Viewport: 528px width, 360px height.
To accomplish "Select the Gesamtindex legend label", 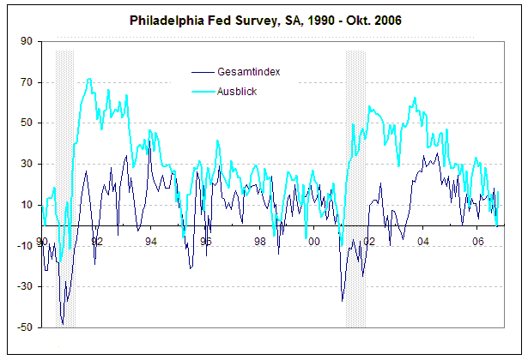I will pyautogui.click(x=249, y=71).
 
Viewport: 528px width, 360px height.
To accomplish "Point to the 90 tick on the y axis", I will pyautogui.click(x=26, y=41).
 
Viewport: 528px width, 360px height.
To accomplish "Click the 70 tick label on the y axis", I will pyautogui.click(x=26, y=82).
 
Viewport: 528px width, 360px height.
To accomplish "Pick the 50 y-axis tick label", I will pyautogui.click(x=26, y=123).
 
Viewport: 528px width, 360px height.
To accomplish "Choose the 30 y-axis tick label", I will pyautogui.click(x=26, y=164).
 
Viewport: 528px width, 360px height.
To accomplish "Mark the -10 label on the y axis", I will pyautogui.click(x=24, y=246).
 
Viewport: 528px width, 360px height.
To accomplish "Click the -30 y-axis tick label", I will pyautogui.click(x=24, y=286).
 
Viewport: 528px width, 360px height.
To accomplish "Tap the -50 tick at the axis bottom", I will pyautogui.click(x=24, y=327).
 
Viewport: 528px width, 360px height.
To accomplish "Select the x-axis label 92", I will pyautogui.click(x=96, y=242).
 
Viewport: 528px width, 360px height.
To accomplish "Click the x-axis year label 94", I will pyautogui.click(x=151, y=242).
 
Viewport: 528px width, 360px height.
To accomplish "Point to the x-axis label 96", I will pyautogui.click(x=205, y=242).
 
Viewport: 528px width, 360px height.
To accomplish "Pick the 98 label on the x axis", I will pyautogui.click(x=260, y=242).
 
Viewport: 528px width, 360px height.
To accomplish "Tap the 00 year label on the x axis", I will pyautogui.click(x=314, y=242).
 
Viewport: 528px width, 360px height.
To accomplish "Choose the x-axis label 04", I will pyautogui.click(x=423, y=242).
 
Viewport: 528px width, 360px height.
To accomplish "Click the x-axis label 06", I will pyautogui.click(x=478, y=242).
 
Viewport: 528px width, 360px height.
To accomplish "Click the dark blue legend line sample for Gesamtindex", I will pyautogui.click(x=203, y=71).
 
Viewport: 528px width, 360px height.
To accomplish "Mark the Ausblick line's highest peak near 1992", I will pyautogui.click(x=89, y=79).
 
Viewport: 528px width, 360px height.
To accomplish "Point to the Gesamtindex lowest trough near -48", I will pyautogui.click(x=63, y=323).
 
